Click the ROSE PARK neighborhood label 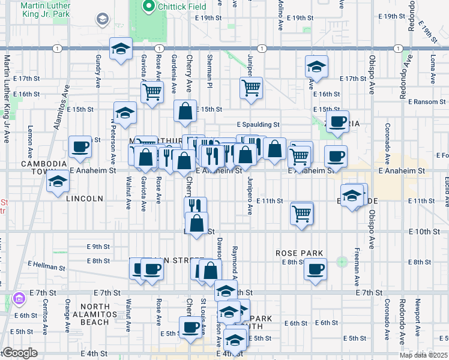[x=300, y=253]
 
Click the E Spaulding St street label [x=258, y=125]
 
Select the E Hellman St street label [x=46, y=265]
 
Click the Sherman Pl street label [x=210, y=77]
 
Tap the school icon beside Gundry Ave [x=121, y=49]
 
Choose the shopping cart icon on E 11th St [x=301, y=213]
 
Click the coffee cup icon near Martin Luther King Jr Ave [x=79, y=146]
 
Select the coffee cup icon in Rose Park [x=315, y=269]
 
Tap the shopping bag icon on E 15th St [x=185, y=110]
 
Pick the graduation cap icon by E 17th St [x=316, y=67]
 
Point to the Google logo [x=20, y=353]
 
